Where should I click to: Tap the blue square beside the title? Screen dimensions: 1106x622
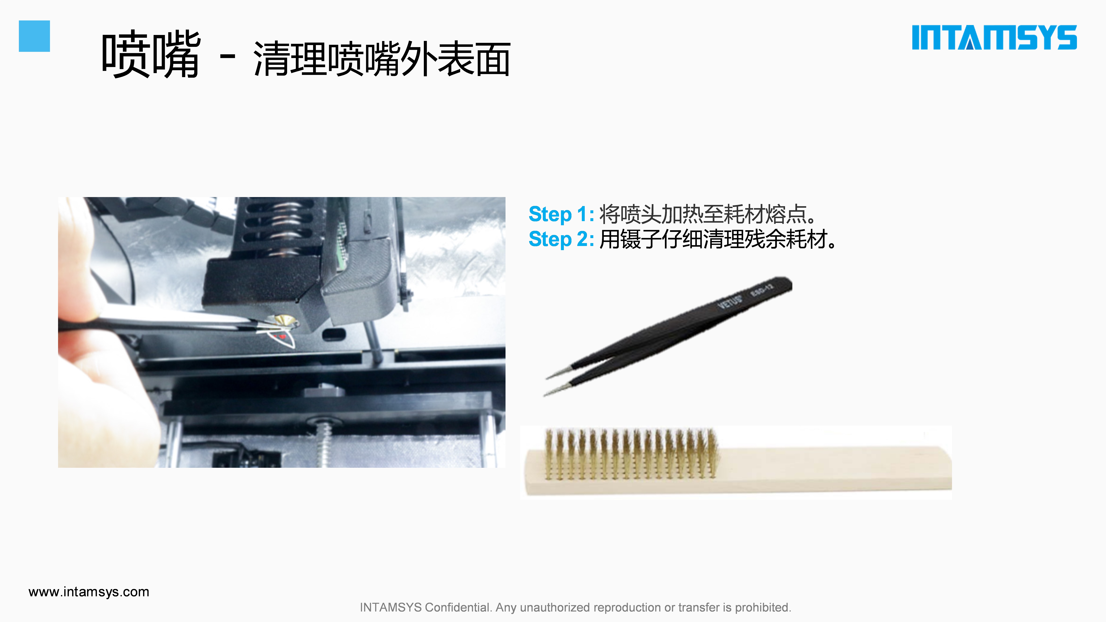[x=34, y=36]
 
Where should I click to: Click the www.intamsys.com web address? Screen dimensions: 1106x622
[x=89, y=592]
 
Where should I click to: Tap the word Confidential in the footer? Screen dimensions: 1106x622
[x=457, y=607]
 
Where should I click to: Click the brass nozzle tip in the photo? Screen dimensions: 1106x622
[x=285, y=320]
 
